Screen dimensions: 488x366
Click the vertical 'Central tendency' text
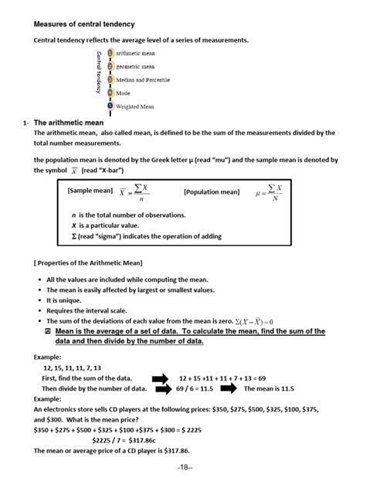[x=99, y=72]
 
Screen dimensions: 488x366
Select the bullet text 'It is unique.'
[x=66, y=300]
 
